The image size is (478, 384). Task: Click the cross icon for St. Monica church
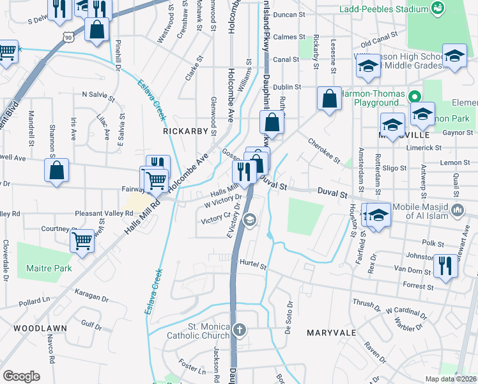pyautogui.click(x=239, y=330)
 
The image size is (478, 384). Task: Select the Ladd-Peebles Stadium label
pyautogui.click(x=392, y=9)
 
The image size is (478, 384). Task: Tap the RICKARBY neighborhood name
pyautogui.click(x=186, y=131)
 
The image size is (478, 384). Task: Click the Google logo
pyautogui.click(x=21, y=376)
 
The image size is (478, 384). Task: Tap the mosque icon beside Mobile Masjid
pyautogui.click(x=458, y=209)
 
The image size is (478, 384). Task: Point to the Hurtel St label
pyautogui.click(x=252, y=262)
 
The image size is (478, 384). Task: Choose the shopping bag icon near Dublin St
pyautogui.click(x=329, y=99)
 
